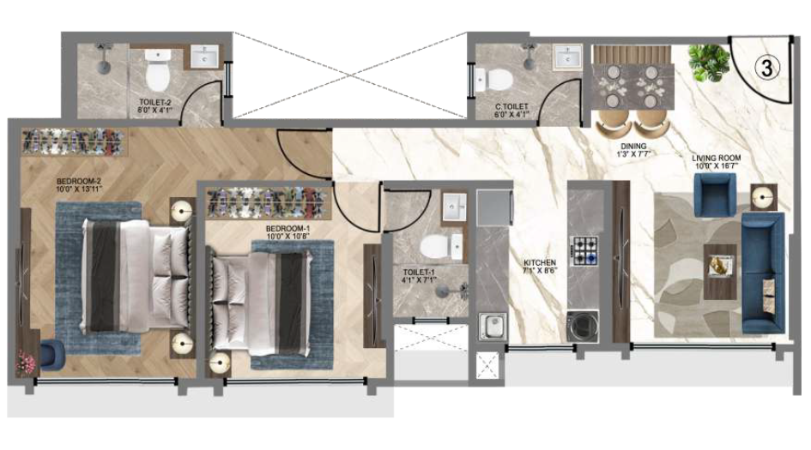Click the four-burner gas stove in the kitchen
pos(586,250)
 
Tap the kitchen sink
pos(492,327)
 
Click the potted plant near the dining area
pos(709,63)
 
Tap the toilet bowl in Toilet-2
pos(156,75)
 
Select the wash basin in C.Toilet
pos(567,58)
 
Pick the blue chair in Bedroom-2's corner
pos(50,352)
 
